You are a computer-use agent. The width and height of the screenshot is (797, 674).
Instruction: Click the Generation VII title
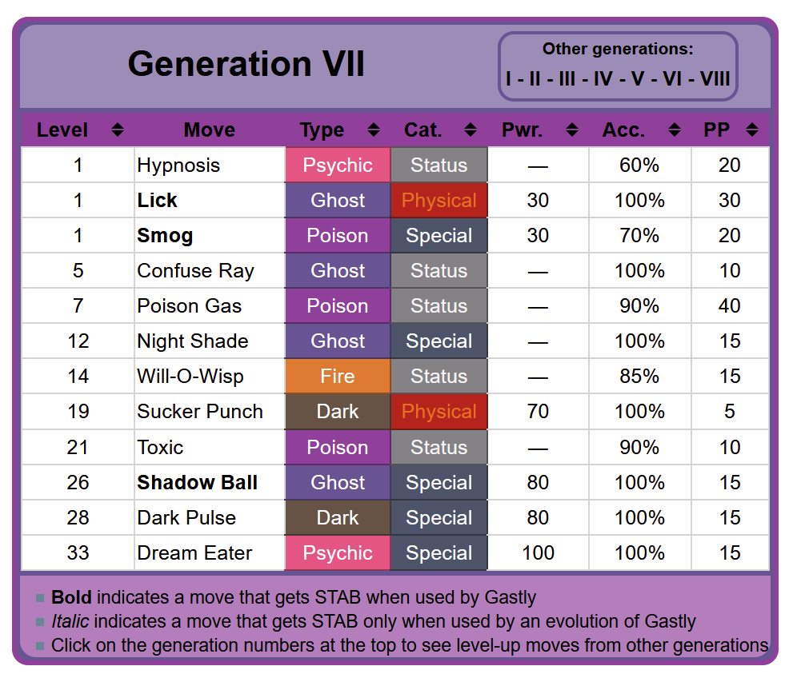click(246, 64)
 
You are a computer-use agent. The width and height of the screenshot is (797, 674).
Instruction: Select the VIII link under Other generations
click(715, 78)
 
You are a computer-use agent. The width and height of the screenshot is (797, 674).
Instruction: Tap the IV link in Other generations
click(603, 78)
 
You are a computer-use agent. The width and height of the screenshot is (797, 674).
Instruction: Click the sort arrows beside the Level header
click(118, 130)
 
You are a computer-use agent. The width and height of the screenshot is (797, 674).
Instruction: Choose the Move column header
click(209, 130)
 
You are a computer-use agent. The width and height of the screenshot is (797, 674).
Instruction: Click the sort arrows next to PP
click(751, 130)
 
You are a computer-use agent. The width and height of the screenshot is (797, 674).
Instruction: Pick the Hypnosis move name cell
click(178, 166)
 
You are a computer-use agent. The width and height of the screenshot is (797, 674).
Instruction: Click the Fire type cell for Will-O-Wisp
click(338, 377)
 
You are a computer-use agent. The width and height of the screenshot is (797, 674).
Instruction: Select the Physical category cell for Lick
click(439, 201)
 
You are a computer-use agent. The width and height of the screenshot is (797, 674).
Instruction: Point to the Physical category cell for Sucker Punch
click(439, 412)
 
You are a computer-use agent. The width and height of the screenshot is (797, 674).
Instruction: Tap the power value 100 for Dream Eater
click(538, 553)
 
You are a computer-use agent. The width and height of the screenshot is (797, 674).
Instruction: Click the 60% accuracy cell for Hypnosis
click(639, 166)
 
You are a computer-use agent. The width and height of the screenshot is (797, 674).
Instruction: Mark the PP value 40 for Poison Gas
click(730, 306)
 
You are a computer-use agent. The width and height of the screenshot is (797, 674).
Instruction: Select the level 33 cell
click(78, 553)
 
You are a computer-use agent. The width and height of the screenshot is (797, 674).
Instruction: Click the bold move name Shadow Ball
click(197, 483)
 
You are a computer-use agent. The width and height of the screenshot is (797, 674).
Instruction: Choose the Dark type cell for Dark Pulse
click(338, 518)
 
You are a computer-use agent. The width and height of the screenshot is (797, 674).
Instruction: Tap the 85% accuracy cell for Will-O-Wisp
click(639, 377)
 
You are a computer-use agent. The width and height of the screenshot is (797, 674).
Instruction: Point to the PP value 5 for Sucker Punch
click(730, 412)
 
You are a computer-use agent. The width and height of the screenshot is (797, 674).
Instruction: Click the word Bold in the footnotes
click(71, 597)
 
